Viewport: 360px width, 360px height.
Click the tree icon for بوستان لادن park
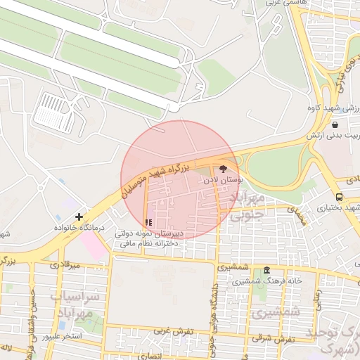click(x=224, y=169)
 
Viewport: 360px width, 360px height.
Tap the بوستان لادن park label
click(x=223, y=181)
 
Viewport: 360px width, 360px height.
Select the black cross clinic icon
click(x=79, y=217)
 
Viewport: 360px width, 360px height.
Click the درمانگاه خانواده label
click(x=79, y=229)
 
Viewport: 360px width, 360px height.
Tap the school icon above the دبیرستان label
click(x=148, y=222)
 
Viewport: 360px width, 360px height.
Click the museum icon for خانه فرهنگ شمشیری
click(x=266, y=271)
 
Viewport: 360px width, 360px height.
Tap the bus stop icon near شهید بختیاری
click(x=339, y=198)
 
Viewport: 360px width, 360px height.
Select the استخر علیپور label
click(x=62, y=337)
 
